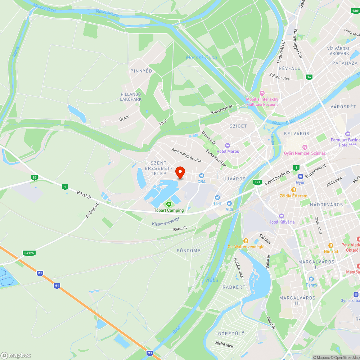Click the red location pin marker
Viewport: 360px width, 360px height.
tap(180, 172)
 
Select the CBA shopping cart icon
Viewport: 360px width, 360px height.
tap(202, 175)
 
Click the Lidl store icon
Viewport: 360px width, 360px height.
tap(217, 198)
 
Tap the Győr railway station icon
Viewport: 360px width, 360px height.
tap(300, 176)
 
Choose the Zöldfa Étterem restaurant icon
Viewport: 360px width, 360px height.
tap(294, 190)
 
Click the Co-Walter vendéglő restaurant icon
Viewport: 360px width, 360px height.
tap(246, 240)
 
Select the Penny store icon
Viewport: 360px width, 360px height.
tap(311, 279)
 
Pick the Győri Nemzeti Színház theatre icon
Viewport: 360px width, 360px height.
tap(305, 147)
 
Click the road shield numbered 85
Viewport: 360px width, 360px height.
tap(35, 177)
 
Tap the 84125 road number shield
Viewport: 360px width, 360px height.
tap(29, 253)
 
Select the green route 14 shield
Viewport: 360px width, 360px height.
tap(309, 77)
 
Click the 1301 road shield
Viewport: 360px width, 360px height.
tap(355, 11)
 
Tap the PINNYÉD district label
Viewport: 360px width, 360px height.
tap(141, 71)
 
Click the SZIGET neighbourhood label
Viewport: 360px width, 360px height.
tap(238, 126)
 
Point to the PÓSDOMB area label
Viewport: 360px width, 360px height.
tap(189, 250)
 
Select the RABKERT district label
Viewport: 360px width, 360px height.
tap(234, 287)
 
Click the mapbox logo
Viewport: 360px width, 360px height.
tap(16, 355)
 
